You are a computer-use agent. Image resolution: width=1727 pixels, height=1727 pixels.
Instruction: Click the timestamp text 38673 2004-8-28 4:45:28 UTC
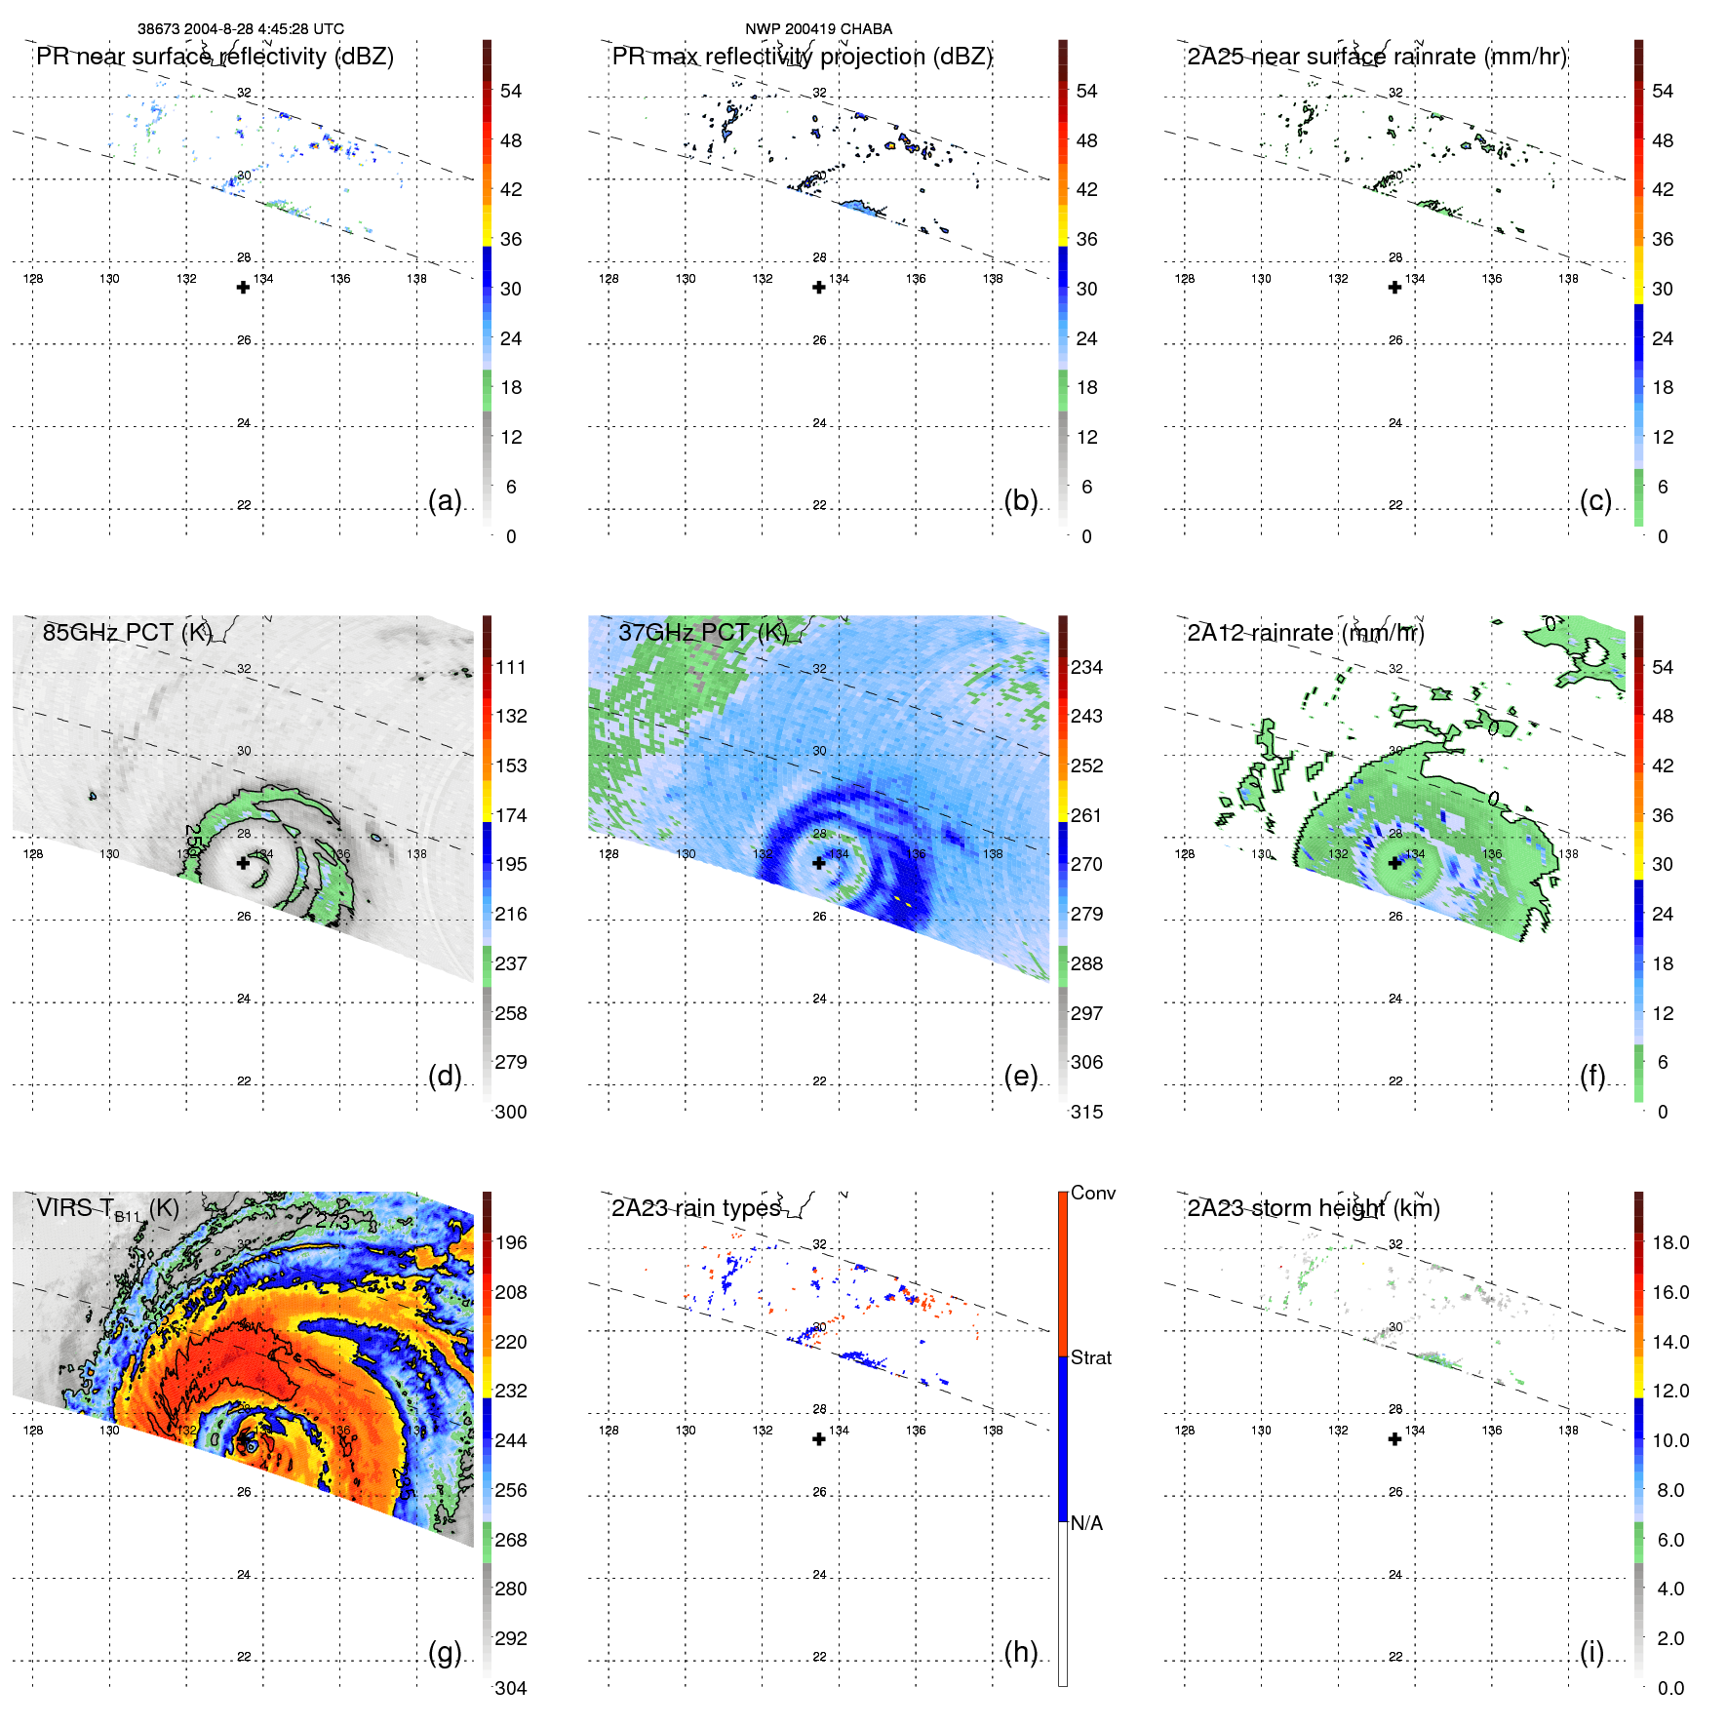coord(240,29)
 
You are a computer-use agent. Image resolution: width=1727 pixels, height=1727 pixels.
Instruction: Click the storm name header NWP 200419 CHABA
coord(818,29)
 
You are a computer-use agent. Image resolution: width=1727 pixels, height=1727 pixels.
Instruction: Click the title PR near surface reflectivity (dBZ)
coord(215,57)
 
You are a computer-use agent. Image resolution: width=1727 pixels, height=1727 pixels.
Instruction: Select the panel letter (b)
coord(1020,500)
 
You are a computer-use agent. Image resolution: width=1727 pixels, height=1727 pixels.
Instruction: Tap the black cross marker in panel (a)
coord(243,288)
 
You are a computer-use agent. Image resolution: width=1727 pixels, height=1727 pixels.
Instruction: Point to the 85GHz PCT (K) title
coord(127,633)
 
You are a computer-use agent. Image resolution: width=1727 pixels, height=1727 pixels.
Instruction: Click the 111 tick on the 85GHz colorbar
coord(511,667)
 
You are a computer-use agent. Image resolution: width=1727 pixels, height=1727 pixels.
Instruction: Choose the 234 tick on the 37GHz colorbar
coord(1086,667)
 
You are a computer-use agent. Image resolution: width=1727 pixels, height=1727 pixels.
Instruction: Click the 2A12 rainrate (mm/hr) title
coord(1305,633)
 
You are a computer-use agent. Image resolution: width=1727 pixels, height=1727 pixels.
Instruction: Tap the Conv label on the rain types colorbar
coord(1092,1193)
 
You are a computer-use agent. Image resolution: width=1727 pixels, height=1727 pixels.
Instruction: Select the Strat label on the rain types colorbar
coord(1090,1357)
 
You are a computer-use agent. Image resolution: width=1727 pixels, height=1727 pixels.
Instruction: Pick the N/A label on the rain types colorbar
coord(1086,1523)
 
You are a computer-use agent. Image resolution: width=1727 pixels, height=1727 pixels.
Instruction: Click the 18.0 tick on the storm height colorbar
coord(1669,1242)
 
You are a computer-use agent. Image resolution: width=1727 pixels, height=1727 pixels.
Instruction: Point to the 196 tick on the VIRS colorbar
coord(511,1242)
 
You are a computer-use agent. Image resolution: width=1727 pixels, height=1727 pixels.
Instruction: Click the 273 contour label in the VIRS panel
coord(333,1221)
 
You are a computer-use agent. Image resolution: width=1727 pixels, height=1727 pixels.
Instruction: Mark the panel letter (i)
coord(1591,1652)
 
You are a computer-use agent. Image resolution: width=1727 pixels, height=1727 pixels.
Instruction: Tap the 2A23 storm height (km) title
coord(1313,1208)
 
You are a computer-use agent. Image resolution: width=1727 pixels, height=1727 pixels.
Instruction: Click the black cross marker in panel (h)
coord(819,1439)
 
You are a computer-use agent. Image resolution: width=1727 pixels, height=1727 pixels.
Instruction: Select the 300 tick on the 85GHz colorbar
coord(511,1112)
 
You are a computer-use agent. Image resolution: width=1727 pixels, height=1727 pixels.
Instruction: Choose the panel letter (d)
coord(445,1076)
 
